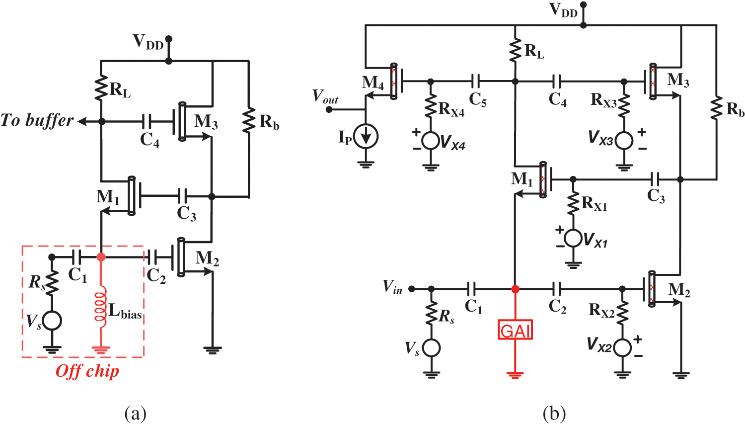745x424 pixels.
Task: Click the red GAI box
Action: pos(515,330)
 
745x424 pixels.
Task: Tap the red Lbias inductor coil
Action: pos(101,309)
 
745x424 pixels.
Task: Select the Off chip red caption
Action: pos(87,371)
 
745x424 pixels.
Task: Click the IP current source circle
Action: pos(366,136)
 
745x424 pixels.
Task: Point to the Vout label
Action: pos(325,96)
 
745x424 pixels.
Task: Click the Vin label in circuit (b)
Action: pos(392,287)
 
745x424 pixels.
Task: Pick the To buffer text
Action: pos(37,120)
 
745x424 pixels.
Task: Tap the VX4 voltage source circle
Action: pos(430,141)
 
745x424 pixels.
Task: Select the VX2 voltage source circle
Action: pos(622,346)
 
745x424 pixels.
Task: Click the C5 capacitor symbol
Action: pos(475,81)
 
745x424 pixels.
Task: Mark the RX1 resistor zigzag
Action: pos(573,204)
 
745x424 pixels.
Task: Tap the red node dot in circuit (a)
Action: pos(101,257)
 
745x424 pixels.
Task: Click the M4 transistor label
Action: pos(373,83)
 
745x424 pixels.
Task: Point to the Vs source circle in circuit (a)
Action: pos(52,321)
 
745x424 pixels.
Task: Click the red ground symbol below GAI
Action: pos(515,374)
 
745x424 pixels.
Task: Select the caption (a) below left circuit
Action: pos(136,413)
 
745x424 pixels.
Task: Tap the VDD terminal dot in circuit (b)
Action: pos(583,5)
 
